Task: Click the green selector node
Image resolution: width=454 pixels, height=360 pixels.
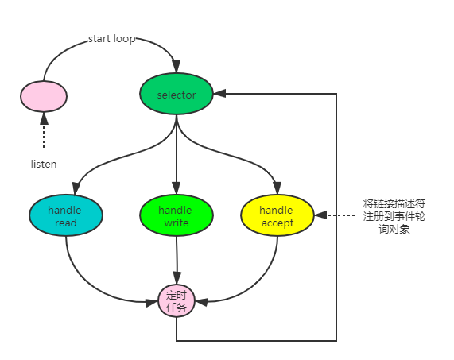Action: coord(177,95)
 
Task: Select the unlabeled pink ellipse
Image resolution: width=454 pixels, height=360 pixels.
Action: coord(44,95)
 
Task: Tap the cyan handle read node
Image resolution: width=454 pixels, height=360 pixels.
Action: coord(66,216)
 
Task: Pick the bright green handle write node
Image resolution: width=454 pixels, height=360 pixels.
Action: coord(176,216)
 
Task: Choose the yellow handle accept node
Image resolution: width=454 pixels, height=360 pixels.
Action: coord(277,216)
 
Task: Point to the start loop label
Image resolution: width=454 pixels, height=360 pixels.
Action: coord(111,39)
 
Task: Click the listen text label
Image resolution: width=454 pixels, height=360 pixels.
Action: coord(44,164)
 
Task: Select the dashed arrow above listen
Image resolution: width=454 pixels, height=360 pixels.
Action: coord(44,131)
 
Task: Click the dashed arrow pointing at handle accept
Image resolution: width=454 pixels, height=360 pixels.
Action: coord(337,215)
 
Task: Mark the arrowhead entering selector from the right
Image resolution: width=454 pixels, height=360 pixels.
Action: coord(220,95)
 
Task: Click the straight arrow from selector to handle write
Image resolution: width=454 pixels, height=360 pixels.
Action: coord(177,155)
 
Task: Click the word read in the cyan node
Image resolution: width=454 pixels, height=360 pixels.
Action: coord(66,223)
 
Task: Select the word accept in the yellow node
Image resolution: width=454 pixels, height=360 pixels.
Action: coord(277,223)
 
